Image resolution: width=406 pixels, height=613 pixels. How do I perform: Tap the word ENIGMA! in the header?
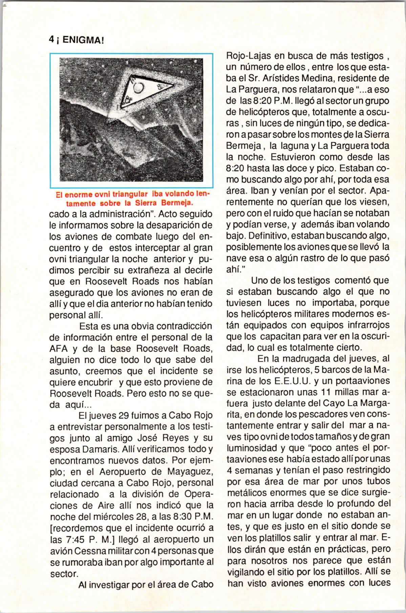click(83, 40)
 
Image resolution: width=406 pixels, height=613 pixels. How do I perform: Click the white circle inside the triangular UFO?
click(139, 89)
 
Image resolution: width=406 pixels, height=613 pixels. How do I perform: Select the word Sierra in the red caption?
click(156, 203)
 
